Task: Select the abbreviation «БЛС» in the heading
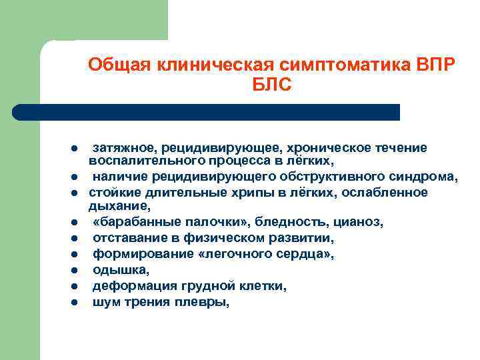(272, 86)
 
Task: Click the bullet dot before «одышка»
(76, 271)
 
